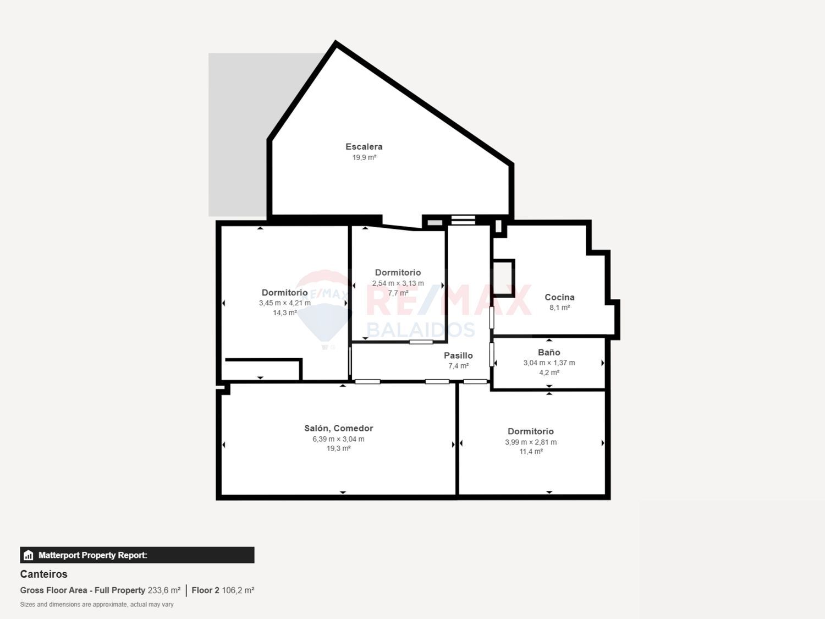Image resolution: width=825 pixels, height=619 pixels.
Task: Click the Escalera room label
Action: (364, 146)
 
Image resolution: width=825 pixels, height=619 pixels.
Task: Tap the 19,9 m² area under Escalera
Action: (364, 157)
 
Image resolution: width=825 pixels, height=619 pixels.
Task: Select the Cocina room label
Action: (559, 297)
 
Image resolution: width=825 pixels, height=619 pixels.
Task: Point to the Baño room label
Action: (549, 352)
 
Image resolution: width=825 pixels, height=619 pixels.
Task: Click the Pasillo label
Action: (458, 355)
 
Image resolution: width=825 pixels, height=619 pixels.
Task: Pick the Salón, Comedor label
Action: (338, 428)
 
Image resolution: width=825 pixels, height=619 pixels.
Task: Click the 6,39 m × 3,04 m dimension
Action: (338, 439)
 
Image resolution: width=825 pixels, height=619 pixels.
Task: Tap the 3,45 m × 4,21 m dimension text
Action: (284, 303)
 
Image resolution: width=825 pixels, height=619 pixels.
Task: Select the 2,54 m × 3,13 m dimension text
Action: (398, 283)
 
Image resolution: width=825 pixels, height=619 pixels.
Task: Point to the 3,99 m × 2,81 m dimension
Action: (531, 442)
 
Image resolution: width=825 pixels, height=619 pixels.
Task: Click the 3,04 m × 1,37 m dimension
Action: (549, 363)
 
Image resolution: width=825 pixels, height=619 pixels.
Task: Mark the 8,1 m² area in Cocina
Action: (559, 308)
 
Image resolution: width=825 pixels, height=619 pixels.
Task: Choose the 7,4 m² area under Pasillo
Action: (458, 366)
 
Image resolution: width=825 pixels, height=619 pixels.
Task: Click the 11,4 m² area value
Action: (531, 452)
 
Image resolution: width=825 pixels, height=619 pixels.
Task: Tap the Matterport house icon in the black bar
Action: (29, 555)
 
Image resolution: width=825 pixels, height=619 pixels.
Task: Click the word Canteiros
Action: (43, 574)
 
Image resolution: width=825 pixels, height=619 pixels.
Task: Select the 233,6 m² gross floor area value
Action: (164, 590)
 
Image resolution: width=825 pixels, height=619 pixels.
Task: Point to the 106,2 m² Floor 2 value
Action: (238, 590)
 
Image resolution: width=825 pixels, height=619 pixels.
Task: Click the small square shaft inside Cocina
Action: (503, 278)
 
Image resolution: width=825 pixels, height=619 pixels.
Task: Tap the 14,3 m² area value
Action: (284, 313)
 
